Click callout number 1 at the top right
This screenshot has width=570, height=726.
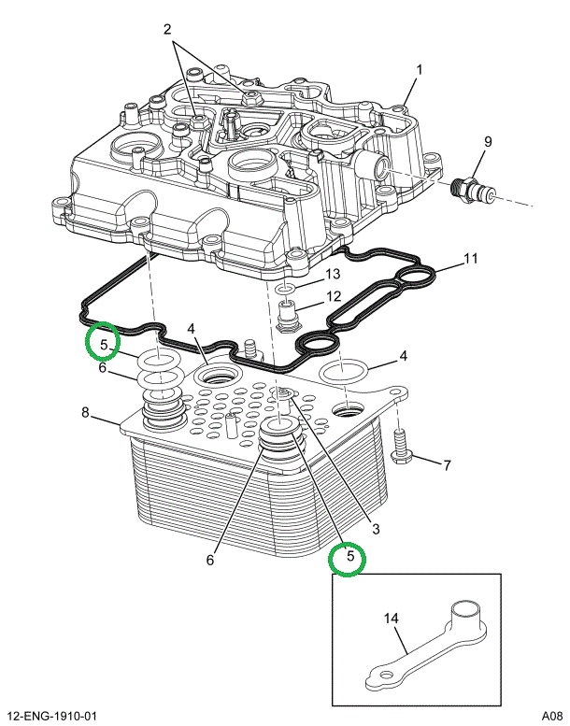point(420,70)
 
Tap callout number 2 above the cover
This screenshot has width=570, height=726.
point(168,30)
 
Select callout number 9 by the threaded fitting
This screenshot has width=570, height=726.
point(487,142)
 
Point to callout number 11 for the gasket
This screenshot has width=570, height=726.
point(471,258)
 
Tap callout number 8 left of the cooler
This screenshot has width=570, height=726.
point(85,412)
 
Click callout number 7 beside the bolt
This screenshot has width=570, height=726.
point(447,464)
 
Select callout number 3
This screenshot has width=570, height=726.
point(376,529)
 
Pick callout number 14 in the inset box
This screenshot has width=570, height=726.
point(392,619)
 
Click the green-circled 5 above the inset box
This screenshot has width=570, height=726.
point(350,559)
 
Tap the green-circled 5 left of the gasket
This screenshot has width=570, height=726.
point(103,342)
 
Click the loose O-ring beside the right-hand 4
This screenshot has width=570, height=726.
point(344,371)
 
